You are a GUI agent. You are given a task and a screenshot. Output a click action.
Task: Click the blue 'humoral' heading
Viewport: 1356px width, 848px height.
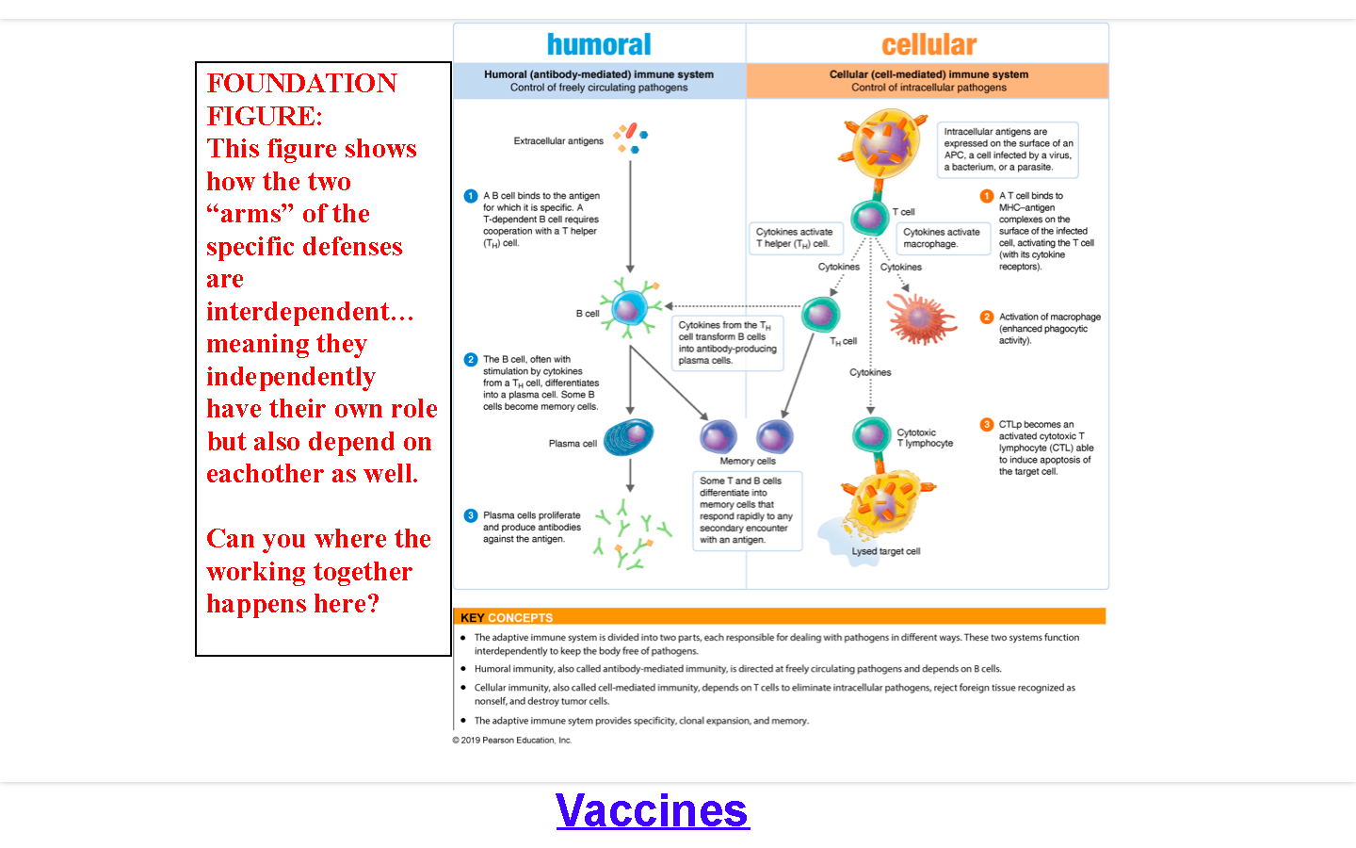[x=599, y=44]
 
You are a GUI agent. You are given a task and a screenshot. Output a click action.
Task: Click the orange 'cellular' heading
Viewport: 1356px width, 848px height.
[x=928, y=44]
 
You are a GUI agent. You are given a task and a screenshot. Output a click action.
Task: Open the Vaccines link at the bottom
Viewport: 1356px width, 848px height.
[x=653, y=810]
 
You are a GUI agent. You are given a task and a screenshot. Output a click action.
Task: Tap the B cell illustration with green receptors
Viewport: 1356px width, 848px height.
[x=629, y=307]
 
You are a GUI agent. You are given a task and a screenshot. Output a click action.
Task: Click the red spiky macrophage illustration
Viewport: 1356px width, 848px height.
[x=921, y=318]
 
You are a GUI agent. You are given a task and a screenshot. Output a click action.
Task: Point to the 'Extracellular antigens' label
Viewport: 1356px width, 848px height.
[x=558, y=141]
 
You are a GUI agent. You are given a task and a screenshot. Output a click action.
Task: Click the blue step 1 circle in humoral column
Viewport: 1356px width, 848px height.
[x=471, y=196]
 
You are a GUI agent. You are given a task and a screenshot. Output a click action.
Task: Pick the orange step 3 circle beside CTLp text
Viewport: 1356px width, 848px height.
[x=987, y=425]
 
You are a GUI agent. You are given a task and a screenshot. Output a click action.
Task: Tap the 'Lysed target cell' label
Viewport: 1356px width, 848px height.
[x=886, y=551]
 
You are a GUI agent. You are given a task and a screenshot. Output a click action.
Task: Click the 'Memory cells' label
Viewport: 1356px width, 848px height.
[x=748, y=461]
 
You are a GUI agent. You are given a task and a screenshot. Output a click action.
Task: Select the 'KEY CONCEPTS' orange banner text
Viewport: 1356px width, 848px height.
[x=507, y=618]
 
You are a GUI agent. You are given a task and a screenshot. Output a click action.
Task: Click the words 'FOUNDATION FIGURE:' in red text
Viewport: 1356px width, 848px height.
[x=301, y=99]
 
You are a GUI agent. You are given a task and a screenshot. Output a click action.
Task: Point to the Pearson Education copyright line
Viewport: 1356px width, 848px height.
[x=511, y=741]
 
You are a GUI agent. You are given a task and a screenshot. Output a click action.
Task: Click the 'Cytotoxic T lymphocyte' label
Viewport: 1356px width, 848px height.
[x=925, y=438]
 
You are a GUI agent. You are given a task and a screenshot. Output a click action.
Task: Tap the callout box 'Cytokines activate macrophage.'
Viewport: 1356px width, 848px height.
[x=942, y=237]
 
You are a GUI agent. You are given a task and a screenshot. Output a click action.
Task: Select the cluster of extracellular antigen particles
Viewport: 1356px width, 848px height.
[x=629, y=138]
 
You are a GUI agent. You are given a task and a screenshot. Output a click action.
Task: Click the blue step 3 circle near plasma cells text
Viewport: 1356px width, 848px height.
[x=471, y=515]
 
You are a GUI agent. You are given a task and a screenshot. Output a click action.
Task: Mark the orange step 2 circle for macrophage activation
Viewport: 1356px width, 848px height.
[x=987, y=318]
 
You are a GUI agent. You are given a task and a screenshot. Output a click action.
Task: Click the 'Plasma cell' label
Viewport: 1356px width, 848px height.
[x=573, y=444]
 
